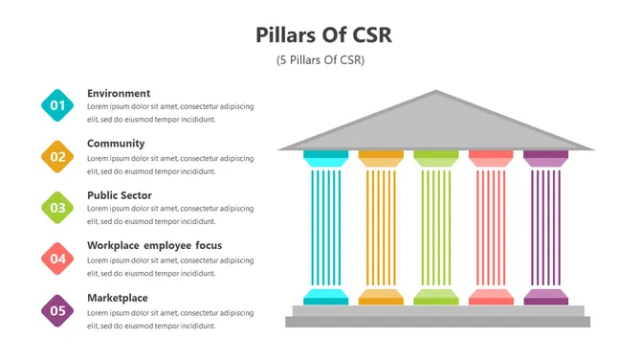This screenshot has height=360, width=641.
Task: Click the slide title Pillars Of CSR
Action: point(324,35)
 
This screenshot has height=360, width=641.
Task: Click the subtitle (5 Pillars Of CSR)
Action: point(320,60)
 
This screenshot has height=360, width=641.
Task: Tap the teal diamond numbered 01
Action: point(58,105)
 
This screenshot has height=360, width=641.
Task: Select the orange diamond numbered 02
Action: point(58,156)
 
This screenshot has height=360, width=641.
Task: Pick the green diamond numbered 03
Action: point(58,207)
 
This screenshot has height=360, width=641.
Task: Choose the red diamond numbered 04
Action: point(58,258)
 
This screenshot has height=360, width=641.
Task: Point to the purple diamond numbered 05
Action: point(58,309)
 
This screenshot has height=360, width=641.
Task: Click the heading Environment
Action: point(119,93)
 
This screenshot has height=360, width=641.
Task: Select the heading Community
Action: point(116,144)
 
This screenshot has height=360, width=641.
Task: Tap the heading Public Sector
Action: point(120,195)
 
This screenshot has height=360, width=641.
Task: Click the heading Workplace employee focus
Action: point(154,246)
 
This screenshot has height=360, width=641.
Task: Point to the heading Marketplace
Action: point(118,298)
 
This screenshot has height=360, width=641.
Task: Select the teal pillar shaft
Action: point(326,227)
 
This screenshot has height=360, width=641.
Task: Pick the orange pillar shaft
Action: point(381,227)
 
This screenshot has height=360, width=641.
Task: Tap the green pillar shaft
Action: point(435,227)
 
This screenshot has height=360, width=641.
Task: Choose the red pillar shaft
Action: point(491,227)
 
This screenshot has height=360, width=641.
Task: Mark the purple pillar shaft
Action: point(545,227)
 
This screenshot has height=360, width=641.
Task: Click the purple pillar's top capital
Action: point(545,158)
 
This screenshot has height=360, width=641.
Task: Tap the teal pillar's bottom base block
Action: point(326,297)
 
